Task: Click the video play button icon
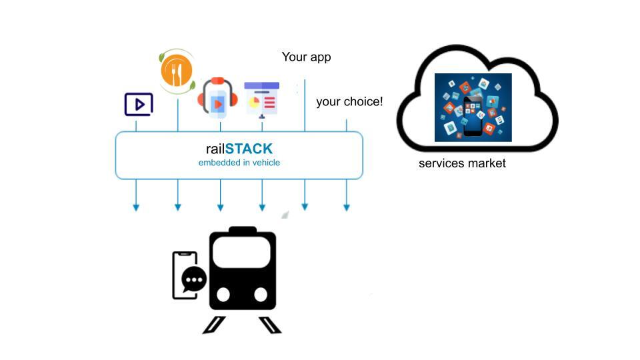pos(139,105)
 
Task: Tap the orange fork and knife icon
pos(177,71)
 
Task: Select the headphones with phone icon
pos(218,99)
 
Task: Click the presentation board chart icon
pos(261,99)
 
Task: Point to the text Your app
pos(306,57)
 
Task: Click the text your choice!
pos(349,102)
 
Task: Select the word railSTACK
pos(239,149)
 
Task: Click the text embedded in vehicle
pos(239,163)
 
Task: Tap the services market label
pos(462,163)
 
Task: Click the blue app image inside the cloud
pos(473,107)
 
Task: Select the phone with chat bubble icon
pos(186,275)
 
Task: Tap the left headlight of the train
pos(224,294)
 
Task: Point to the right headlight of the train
pos(261,294)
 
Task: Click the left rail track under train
pos(215,325)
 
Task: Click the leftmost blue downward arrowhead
pos(136,207)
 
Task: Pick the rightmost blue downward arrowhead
pos(347,207)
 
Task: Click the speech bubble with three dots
pos(194,279)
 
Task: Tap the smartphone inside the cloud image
pos(473,116)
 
